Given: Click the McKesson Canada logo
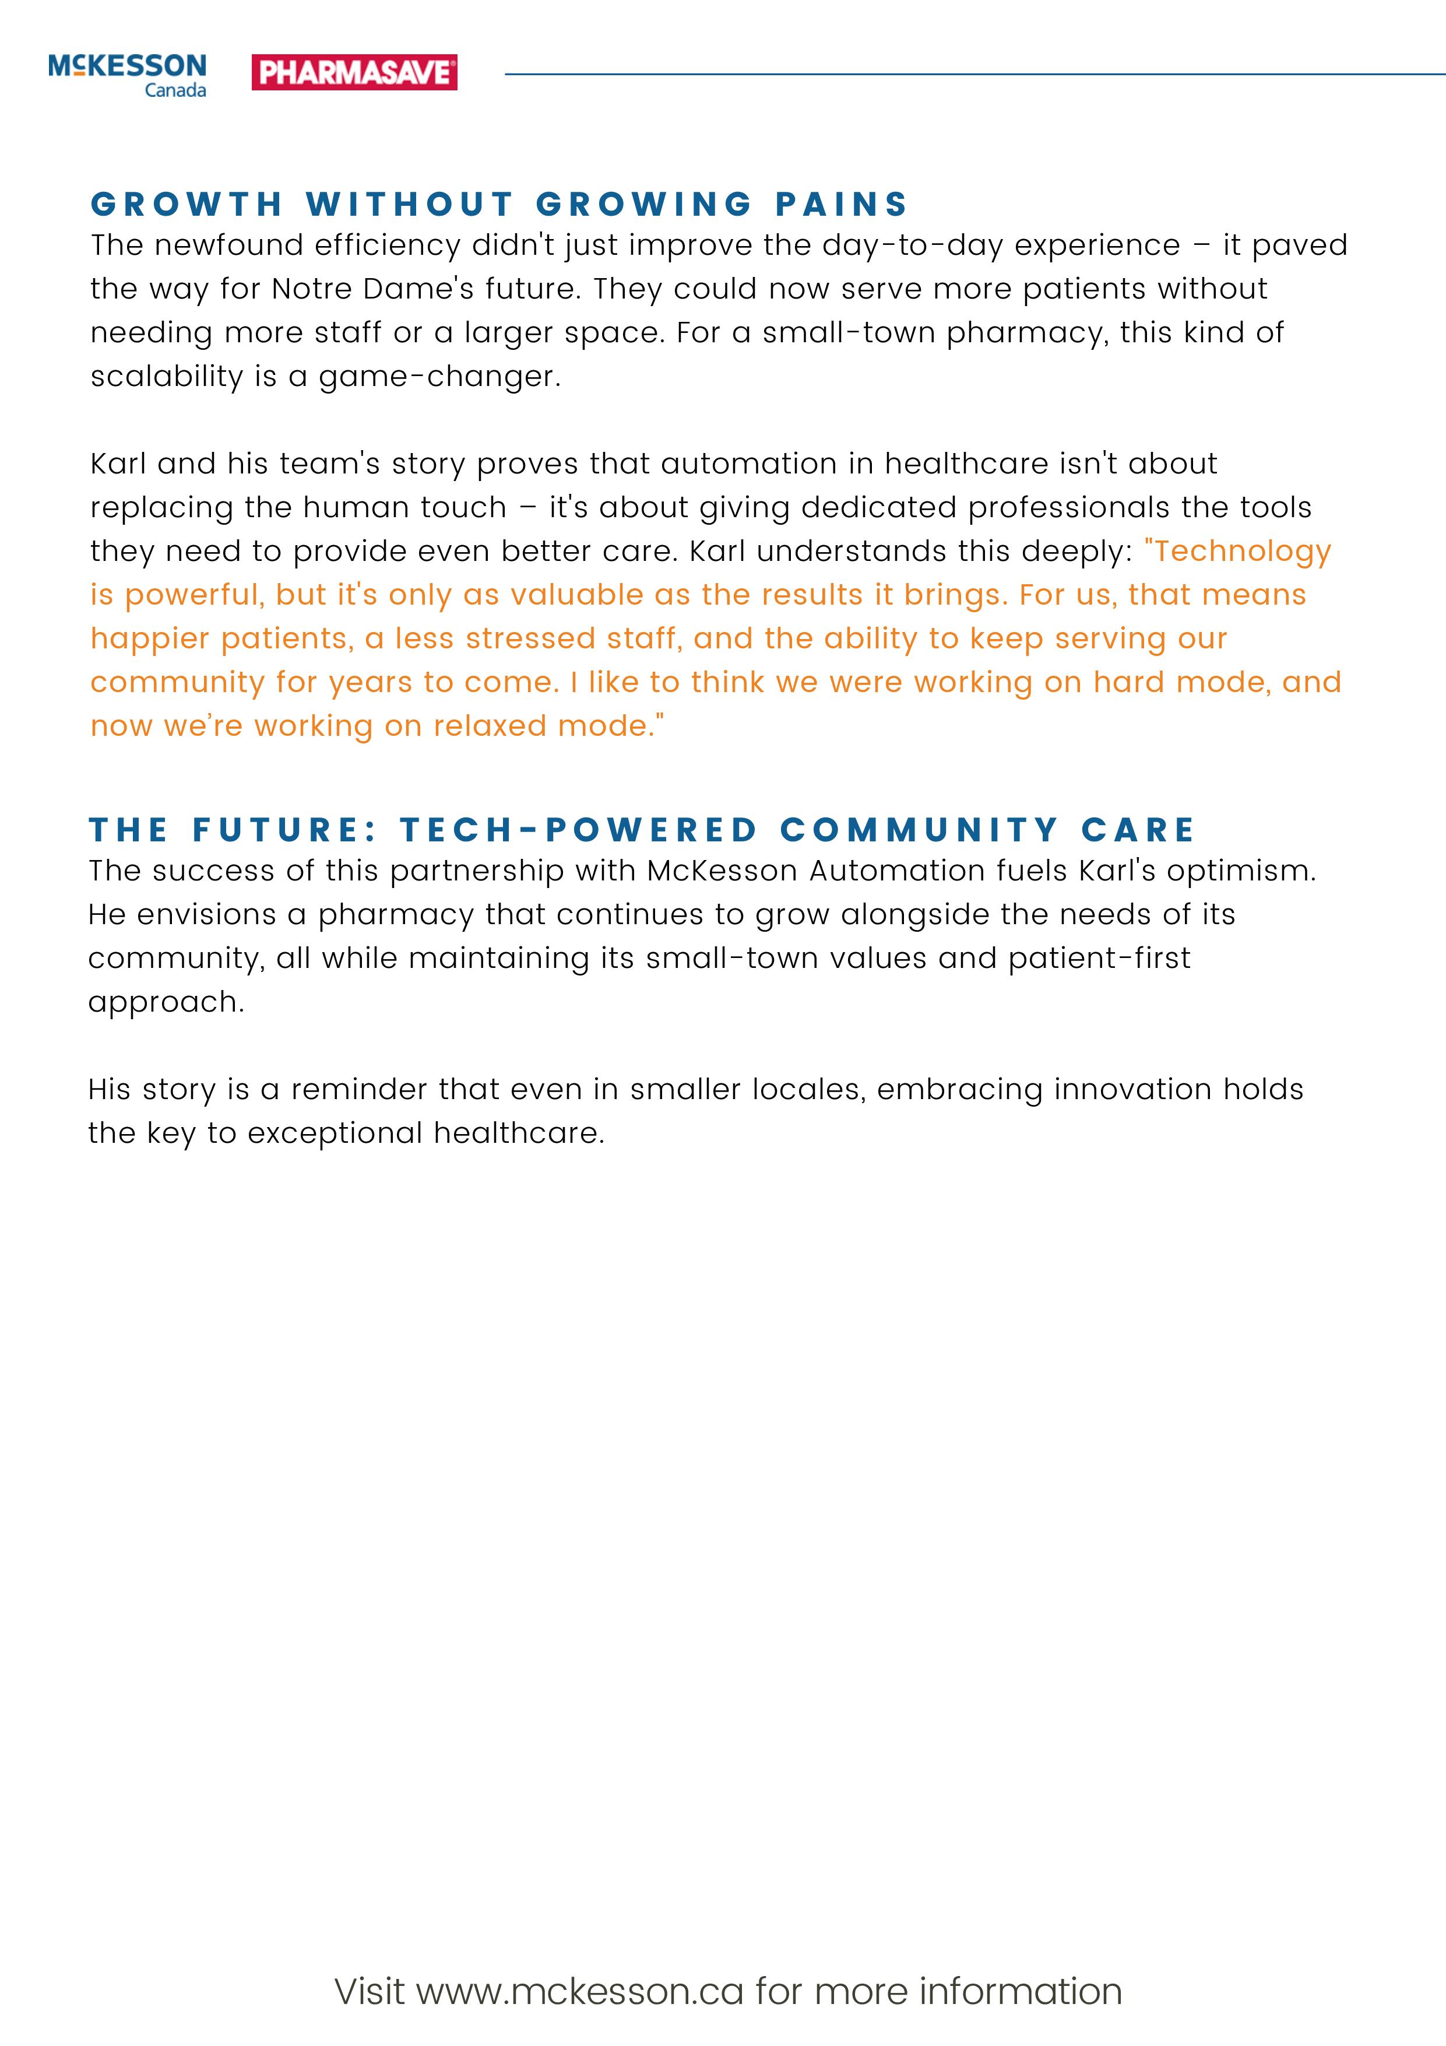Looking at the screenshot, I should pos(128,75).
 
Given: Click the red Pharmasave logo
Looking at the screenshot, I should pos(354,72).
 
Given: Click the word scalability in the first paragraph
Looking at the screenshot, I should pos(167,376).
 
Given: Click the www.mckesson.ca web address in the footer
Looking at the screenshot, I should pos(580,1991).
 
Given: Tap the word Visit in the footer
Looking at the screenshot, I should pos(370,1991).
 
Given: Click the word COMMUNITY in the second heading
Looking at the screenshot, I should pos(919,830).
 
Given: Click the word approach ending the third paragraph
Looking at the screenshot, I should pos(165,1002).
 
